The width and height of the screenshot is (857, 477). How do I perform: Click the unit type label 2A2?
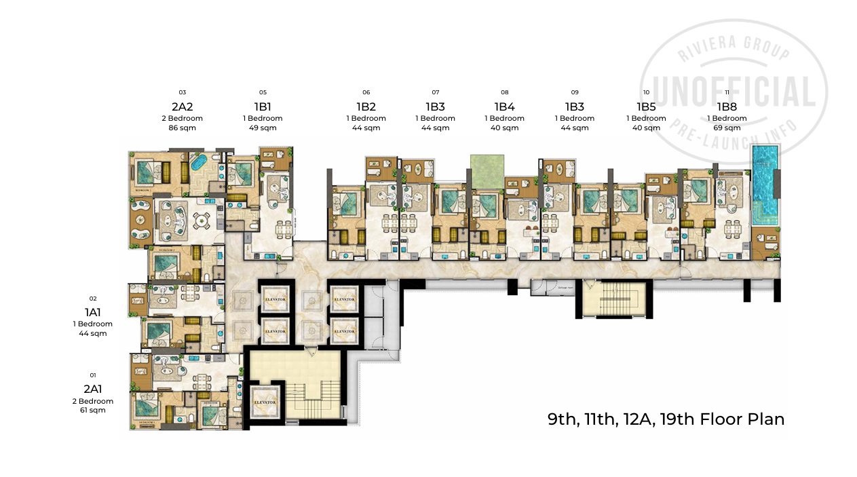point(182,107)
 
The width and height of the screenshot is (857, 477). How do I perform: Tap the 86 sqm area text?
point(182,128)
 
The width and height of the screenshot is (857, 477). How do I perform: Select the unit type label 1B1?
point(263,107)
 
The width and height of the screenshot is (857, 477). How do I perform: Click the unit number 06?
point(366,92)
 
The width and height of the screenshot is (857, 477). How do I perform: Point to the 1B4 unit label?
point(504,107)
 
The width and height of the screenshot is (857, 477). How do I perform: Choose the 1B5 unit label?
point(646,107)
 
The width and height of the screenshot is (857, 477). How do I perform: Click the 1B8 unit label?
point(727,107)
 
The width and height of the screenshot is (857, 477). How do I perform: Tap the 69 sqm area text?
point(727,128)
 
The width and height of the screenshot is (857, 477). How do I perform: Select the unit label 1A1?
point(93,312)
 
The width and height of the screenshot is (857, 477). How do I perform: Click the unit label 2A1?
point(93,389)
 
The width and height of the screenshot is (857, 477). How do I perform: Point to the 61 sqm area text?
point(93,410)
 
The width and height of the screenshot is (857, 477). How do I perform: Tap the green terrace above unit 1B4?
point(487,171)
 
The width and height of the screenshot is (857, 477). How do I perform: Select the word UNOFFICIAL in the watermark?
point(734,91)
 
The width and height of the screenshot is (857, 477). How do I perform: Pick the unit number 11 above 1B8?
point(727,92)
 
